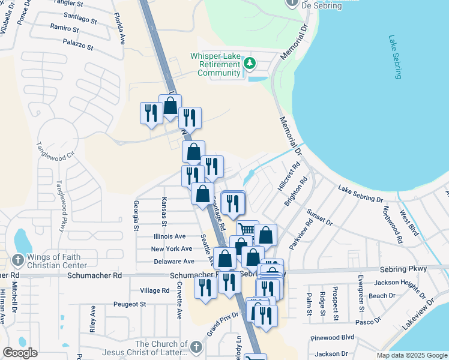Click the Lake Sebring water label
pyautogui.click(x=395, y=57)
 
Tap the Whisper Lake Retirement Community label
pyautogui.click(x=215, y=64)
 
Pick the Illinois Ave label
pyautogui.click(x=170, y=236)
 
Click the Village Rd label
pyautogui.click(x=155, y=290)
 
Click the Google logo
pyautogui.click(x=20, y=353)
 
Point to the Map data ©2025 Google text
pyautogui.click(x=411, y=355)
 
